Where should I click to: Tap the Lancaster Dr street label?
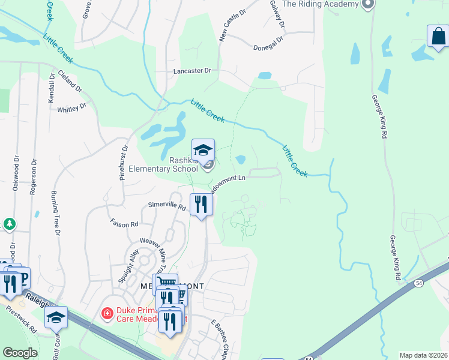(192, 71)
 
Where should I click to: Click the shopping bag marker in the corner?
(438, 36)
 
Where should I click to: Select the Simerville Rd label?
(167, 205)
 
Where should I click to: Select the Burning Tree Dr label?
(55, 214)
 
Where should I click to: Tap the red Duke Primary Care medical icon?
(107, 313)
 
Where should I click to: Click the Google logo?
(20, 353)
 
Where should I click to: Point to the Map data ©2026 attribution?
(423, 355)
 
